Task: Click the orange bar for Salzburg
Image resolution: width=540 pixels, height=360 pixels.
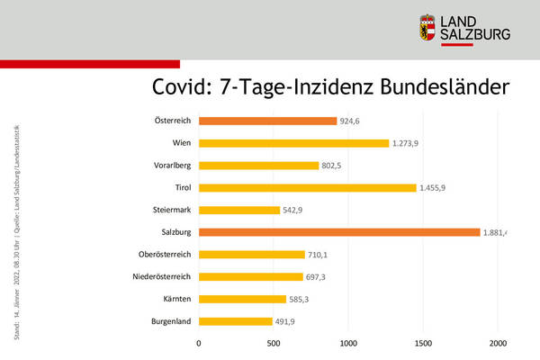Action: [339, 232]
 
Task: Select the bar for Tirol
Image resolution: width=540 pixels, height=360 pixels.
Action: [307, 187]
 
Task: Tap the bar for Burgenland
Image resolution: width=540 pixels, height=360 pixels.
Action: [235, 321]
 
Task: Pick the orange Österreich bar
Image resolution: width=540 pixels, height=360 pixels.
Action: [267, 121]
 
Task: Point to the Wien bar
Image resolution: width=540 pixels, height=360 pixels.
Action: [293, 143]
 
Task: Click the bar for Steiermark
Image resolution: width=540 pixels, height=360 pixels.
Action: [239, 210]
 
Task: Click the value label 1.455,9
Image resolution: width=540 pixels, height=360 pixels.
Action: [439, 188]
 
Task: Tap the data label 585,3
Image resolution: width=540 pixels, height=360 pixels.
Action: [306, 299]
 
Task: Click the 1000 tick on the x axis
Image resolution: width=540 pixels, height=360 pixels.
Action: [348, 342]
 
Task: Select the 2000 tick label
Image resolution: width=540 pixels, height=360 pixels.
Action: [499, 342]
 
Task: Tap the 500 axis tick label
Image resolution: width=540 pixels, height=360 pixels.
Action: [274, 342]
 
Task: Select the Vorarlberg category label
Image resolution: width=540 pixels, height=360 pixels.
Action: [169, 166]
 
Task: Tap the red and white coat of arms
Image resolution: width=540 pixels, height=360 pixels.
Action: [431, 30]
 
